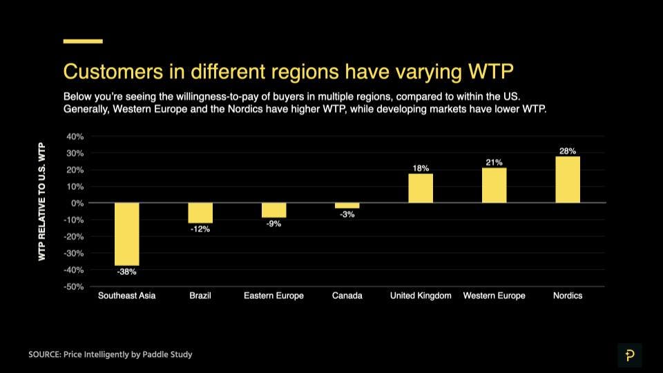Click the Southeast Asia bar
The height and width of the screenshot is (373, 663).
tap(127, 234)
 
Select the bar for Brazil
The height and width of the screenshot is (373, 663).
tap(200, 213)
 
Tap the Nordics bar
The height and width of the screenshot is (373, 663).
tap(568, 180)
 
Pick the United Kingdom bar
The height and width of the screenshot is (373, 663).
tap(421, 188)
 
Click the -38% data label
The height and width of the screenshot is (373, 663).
tap(126, 272)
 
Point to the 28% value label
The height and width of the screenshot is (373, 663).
tap(568, 151)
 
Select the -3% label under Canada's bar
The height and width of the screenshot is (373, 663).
tap(347, 215)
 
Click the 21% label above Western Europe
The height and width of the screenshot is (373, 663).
tap(494, 162)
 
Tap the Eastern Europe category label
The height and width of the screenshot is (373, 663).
tap(273, 296)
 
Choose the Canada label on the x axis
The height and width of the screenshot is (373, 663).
tap(347, 296)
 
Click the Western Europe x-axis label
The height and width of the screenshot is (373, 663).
tap(494, 296)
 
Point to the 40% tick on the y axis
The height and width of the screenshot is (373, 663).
tap(75, 136)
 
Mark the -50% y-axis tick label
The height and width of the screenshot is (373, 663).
tap(74, 286)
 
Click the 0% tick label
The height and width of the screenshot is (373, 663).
tap(77, 203)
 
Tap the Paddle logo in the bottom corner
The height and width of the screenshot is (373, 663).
tap(629, 355)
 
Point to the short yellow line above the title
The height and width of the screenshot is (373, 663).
tap(83, 41)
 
